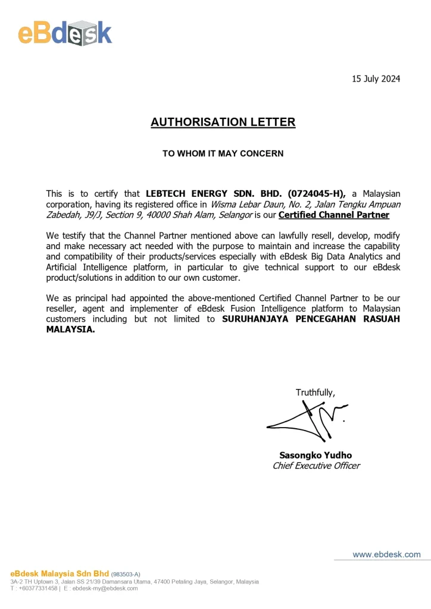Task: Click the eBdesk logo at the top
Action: click(x=65, y=32)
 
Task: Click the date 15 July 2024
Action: click(x=376, y=79)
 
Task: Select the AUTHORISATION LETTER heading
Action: click(x=223, y=123)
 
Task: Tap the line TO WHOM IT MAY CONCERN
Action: click(x=223, y=153)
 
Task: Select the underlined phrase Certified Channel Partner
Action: click(x=334, y=215)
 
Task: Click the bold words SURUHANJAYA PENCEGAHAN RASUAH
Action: click(x=311, y=319)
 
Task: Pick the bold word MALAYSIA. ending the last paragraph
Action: click(x=71, y=330)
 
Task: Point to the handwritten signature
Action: click(x=307, y=419)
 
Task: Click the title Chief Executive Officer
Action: click(x=316, y=466)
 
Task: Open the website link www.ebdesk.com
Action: click(x=386, y=554)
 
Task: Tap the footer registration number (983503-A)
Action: click(x=126, y=574)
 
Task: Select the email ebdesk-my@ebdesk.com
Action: click(x=105, y=588)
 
